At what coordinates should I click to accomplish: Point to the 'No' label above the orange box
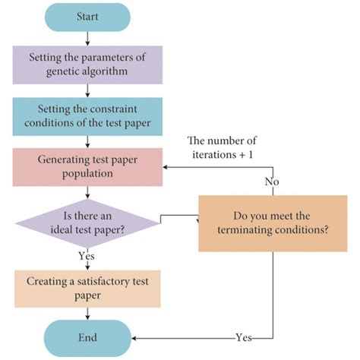[271, 183]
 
